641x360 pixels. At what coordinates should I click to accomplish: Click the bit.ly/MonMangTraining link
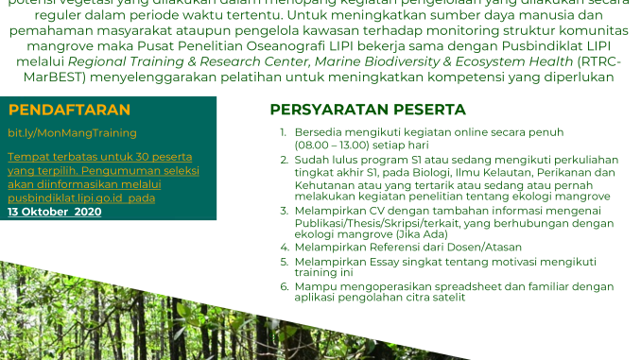pyautogui.click(x=72, y=133)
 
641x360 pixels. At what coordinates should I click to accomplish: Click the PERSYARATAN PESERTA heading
pyautogui.click(x=367, y=110)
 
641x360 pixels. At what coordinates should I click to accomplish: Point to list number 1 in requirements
pyautogui.click(x=283, y=132)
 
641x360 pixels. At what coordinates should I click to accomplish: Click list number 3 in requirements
pyautogui.click(x=283, y=210)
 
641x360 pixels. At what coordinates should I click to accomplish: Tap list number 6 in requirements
pyautogui.click(x=283, y=285)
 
